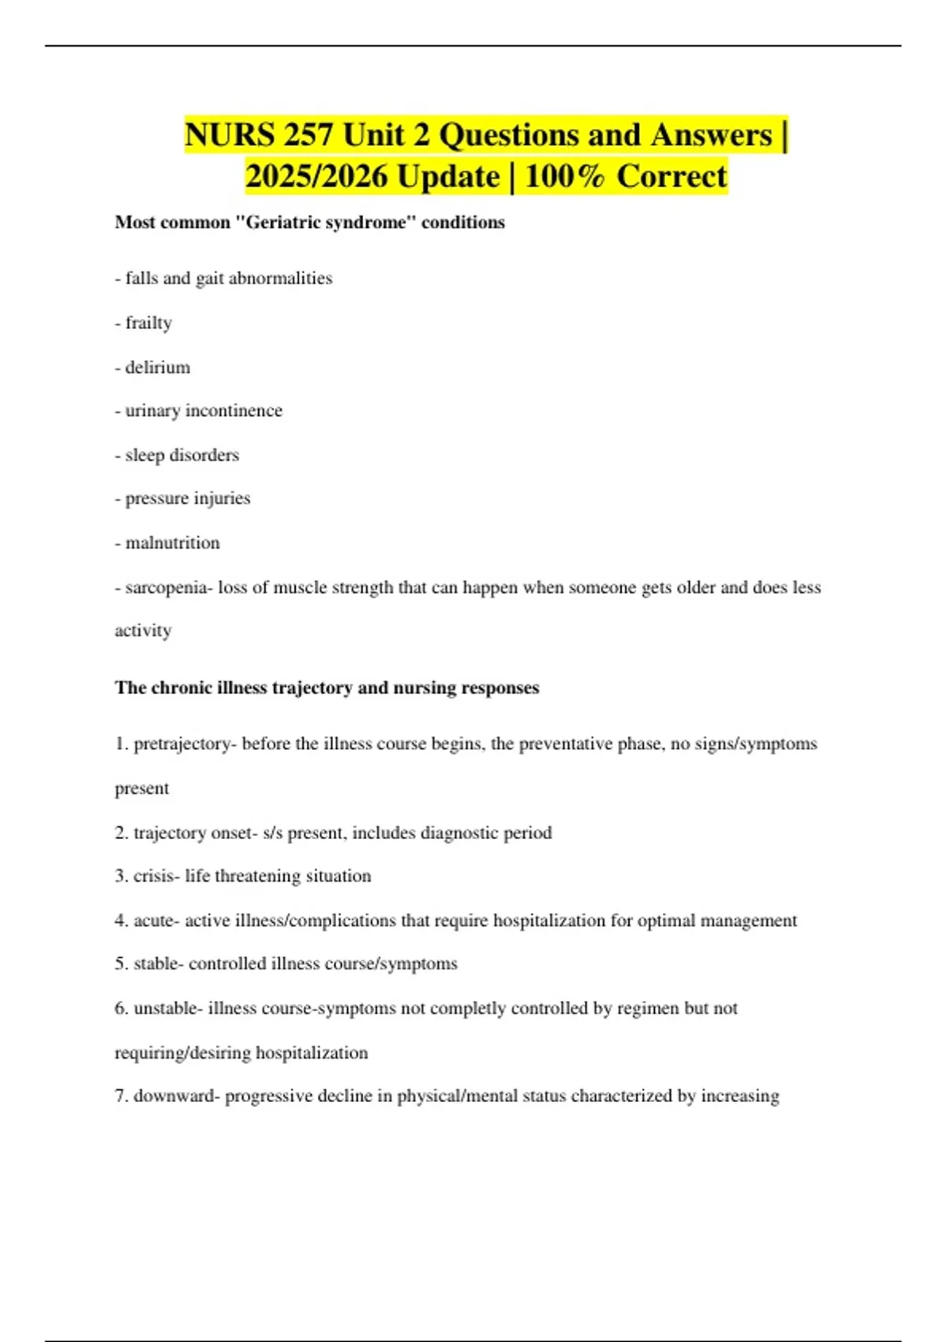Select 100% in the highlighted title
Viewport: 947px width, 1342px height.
pos(564,176)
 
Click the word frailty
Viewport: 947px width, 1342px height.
pos(148,323)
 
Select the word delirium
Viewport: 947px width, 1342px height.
pos(158,367)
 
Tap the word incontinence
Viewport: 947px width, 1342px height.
pos(234,410)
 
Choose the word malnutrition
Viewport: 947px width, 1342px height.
pos(173,543)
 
